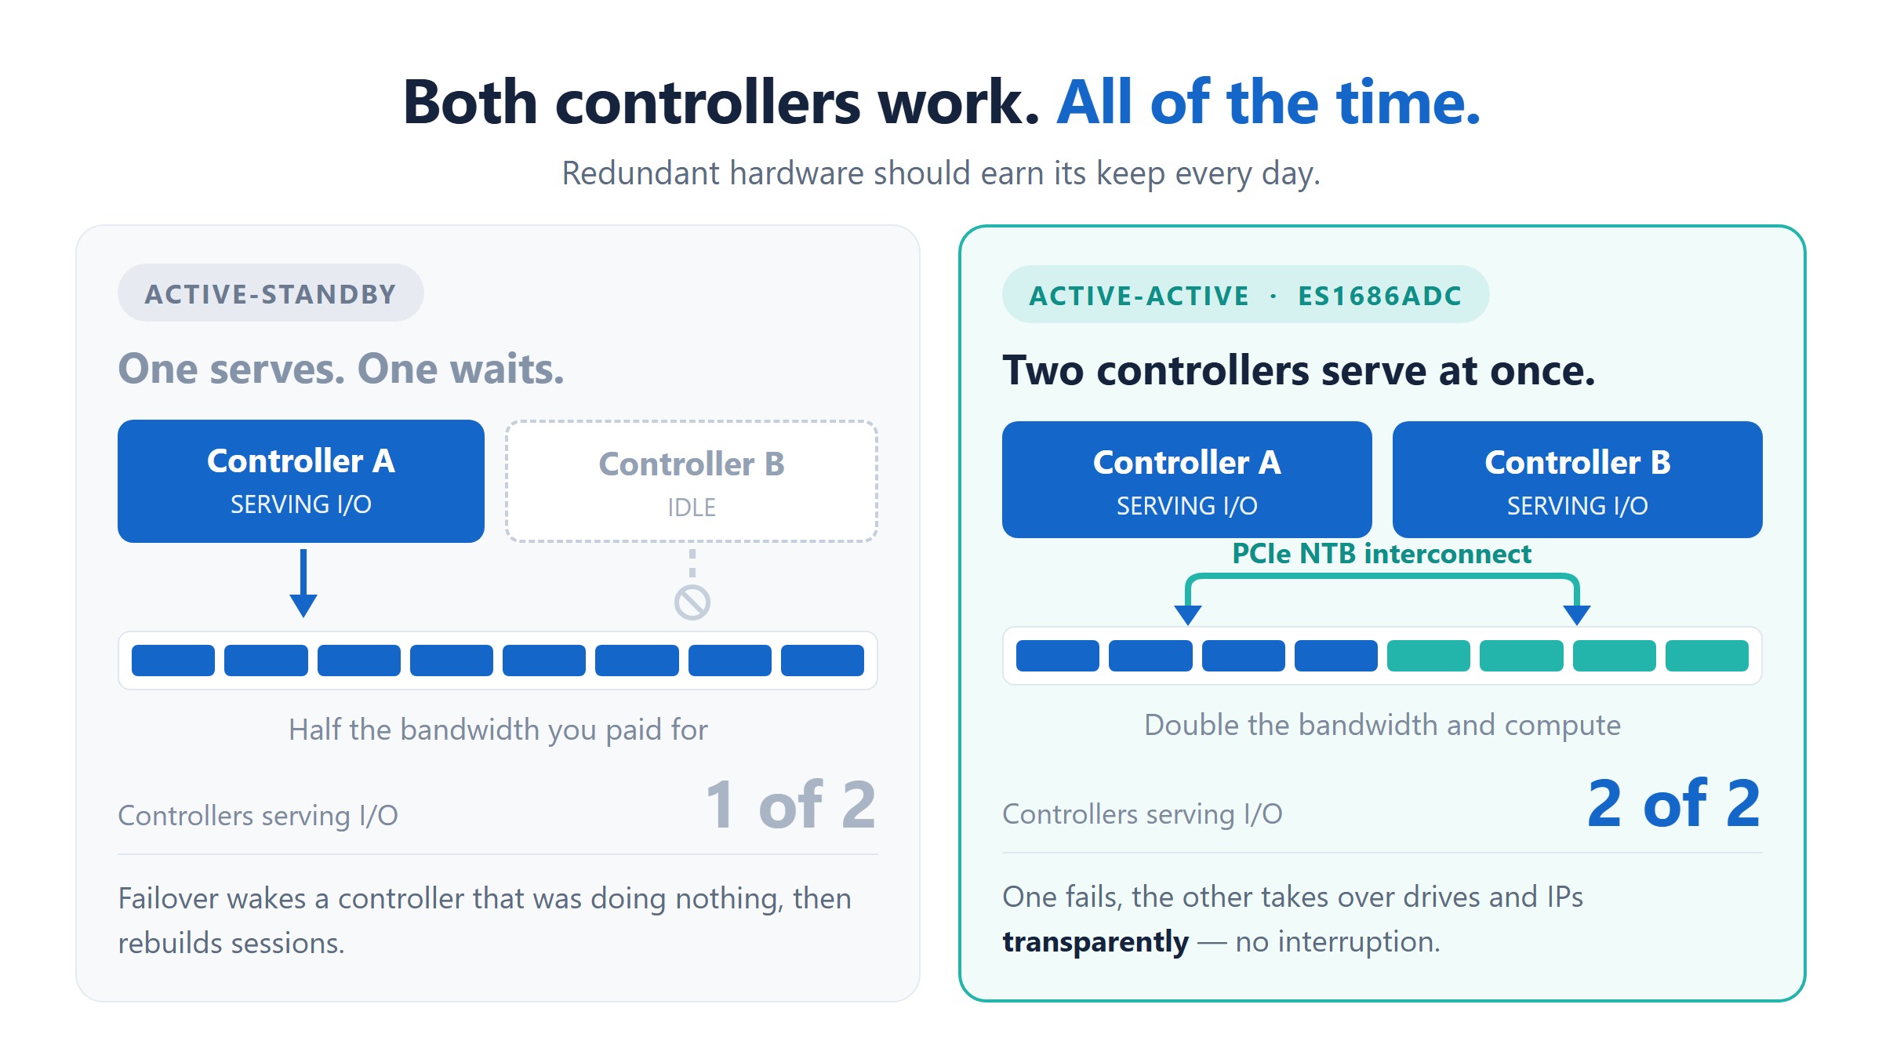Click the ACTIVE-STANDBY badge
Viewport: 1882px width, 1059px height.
tap(271, 293)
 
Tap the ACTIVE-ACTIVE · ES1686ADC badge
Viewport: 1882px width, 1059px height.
tap(1245, 295)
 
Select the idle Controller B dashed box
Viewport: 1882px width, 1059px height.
tap(692, 481)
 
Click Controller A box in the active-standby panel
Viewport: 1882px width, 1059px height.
tap(301, 481)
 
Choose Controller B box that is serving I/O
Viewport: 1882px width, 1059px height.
tap(1577, 480)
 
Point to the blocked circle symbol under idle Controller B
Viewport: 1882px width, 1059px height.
tap(692, 602)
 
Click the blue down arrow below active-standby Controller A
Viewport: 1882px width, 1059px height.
tap(303, 583)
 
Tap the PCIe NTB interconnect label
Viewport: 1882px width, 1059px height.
tap(1382, 554)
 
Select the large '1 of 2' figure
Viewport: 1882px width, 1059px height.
tap(790, 805)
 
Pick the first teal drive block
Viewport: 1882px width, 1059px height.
tap(1429, 656)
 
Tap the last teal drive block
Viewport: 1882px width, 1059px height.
tap(1707, 656)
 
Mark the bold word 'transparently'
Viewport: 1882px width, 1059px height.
tap(1095, 942)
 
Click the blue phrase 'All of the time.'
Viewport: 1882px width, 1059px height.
tap(1269, 102)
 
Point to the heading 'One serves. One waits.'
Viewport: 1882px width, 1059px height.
tap(341, 369)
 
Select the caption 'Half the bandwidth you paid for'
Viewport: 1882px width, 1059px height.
tap(498, 730)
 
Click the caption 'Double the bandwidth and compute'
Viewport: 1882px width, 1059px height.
tap(1382, 725)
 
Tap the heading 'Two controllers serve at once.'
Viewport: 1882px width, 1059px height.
tap(1299, 370)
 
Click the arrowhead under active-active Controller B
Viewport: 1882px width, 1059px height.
tap(1577, 615)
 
